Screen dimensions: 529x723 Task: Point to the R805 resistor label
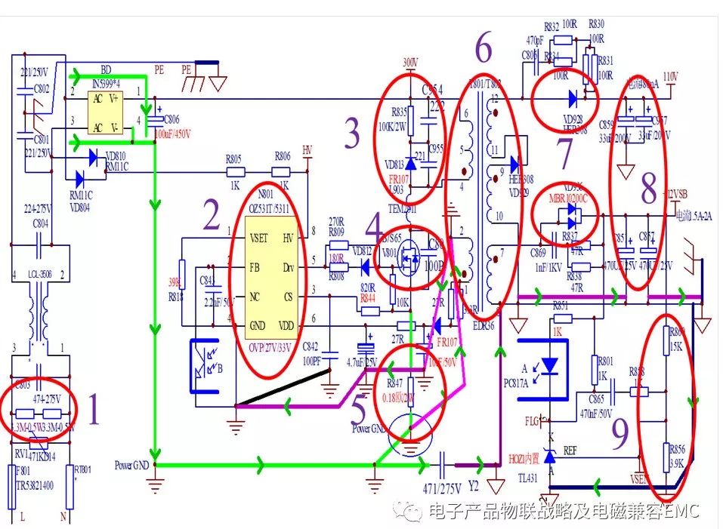click(x=234, y=158)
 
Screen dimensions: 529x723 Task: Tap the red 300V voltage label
click(x=409, y=62)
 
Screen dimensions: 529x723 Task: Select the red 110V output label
click(x=669, y=77)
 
